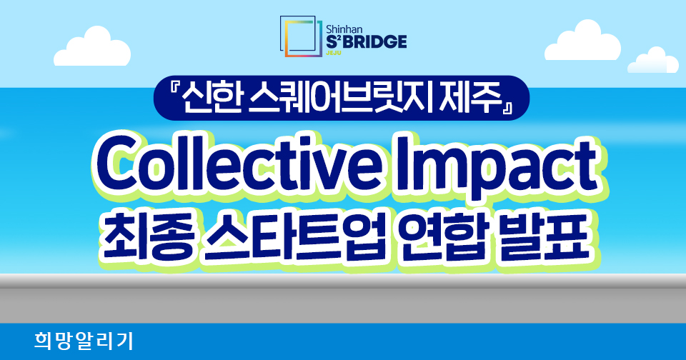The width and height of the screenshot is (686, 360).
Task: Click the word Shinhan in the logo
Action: click(x=344, y=29)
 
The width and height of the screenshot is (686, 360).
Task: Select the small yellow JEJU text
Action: click(x=334, y=54)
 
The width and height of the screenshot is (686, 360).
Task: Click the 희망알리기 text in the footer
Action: click(x=84, y=341)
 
